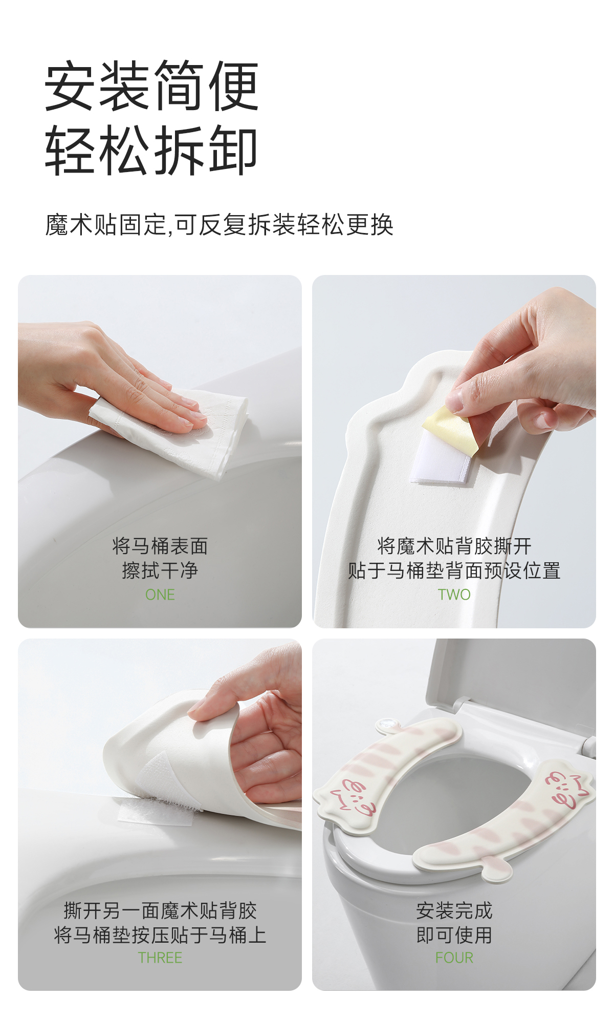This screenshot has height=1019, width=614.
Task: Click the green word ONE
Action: pos(160,595)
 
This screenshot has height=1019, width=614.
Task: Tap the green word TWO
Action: pos(454,595)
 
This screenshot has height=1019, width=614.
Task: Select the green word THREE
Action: pos(160,958)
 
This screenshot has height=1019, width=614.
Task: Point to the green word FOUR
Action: pos(454,958)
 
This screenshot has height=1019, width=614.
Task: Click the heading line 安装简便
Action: pos(152,86)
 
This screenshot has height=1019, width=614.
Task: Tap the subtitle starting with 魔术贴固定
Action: pos(219,225)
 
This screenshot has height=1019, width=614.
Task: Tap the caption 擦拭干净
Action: pos(160,570)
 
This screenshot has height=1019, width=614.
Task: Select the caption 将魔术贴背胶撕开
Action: pos(454,546)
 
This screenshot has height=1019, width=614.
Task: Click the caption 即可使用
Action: pos(454,935)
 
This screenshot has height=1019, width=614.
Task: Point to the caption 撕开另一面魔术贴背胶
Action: pos(160,910)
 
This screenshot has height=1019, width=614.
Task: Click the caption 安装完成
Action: pos(454,910)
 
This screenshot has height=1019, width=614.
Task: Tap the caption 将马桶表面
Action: pos(160,546)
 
